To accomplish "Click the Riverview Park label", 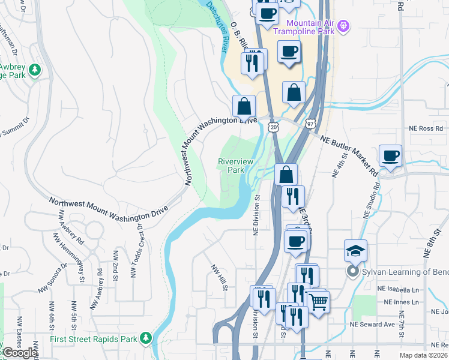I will (x=235, y=166).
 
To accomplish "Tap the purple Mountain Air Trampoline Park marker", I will (x=343, y=26).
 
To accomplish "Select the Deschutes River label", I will (x=220, y=26).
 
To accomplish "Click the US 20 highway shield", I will (x=274, y=127).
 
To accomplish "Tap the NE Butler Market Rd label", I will (x=349, y=155).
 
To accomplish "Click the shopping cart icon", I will (x=318, y=301).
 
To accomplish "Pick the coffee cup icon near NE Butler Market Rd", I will (x=391, y=156).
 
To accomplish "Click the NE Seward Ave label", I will (x=394, y=325).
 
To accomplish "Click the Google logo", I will (x=19, y=353).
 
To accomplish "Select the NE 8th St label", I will (x=434, y=241).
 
